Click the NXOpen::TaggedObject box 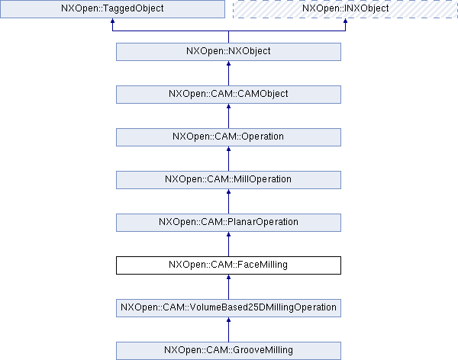[x=112, y=9]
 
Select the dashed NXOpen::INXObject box [x=345, y=9]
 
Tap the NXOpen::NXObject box [x=228, y=52]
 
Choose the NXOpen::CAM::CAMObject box [x=228, y=95]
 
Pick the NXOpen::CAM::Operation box [x=228, y=137]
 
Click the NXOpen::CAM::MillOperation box [x=228, y=180]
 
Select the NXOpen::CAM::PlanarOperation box [x=228, y=223]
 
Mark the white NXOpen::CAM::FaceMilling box [x=228, y=265]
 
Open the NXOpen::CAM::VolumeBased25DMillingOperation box [x=228, y=308]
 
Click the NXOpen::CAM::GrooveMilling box [x=228, y=351]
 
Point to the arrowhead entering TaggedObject [x=112, y=21]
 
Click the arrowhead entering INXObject [x=345, y=21]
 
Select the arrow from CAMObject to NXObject [x=228, y=73]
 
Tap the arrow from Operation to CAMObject [x=228, y=116]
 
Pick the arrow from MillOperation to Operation [x=228, y=159]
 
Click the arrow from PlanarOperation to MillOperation [x=228, y=201]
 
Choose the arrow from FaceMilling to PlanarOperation [x=228, y=244]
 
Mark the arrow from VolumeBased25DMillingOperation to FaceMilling [x=228, y=287]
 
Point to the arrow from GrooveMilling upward [x=228, y=329]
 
